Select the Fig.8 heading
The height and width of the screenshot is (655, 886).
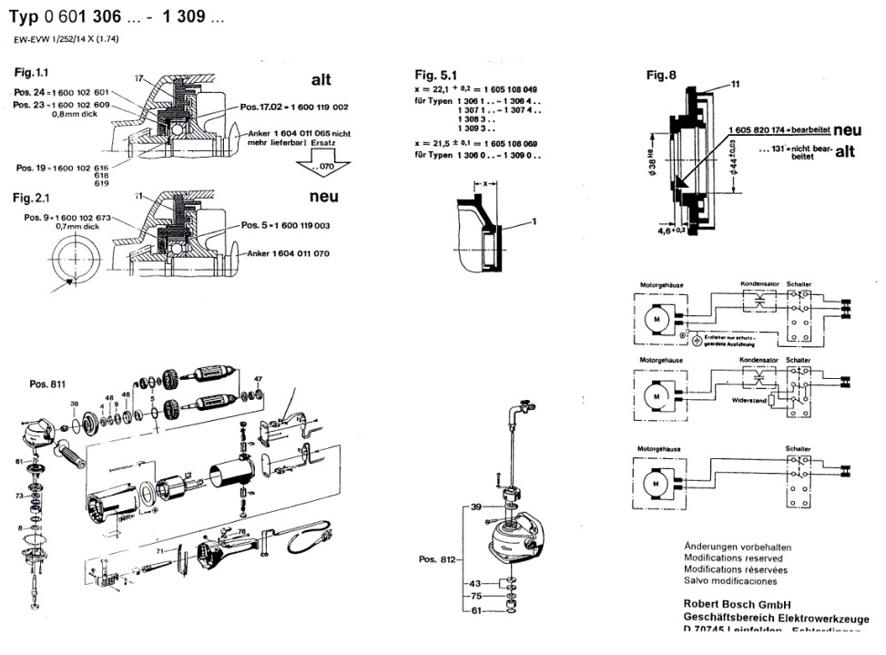point(662,76)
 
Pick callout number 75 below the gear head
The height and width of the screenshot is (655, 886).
point(474,596)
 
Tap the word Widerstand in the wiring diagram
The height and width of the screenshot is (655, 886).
point(747,400)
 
